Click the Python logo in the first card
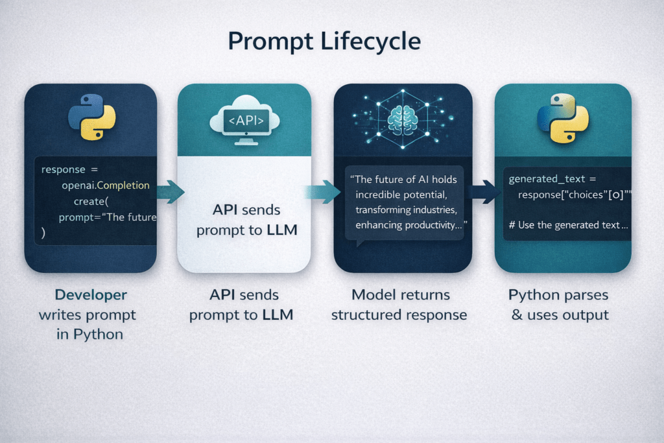click(91, 117)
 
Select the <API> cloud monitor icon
click(244, 118)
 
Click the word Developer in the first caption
click(91, 295)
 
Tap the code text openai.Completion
click(106, 186)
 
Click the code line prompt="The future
click(107, 217)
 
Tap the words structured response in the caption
click(399, 315)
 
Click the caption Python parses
click(558, 295)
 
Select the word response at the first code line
click(63, 169)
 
